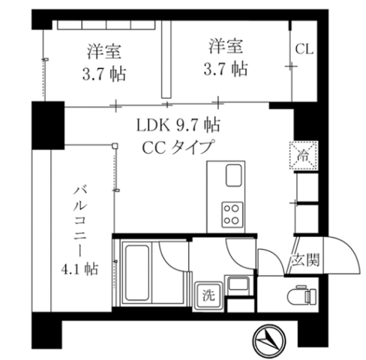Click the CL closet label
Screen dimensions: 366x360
coord(304,49)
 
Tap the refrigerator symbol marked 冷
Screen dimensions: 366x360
coord(304,155)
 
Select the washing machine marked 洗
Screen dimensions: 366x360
coord(208,295)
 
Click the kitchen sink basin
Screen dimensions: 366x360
coord(234,175)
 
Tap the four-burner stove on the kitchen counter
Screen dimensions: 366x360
coord(232,214)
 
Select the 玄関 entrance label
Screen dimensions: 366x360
coord(305,260)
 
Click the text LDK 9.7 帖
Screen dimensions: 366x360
coord(178,125)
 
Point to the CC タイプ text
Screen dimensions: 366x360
coord(178,147)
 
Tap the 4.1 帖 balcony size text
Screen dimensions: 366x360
coord(79,269)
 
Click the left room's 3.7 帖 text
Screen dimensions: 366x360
coord(104,74)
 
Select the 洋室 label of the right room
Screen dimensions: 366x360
coord(226,46)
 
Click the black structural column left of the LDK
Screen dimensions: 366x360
coord(48,125)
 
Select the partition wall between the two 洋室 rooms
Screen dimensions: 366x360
coord(166,59)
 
